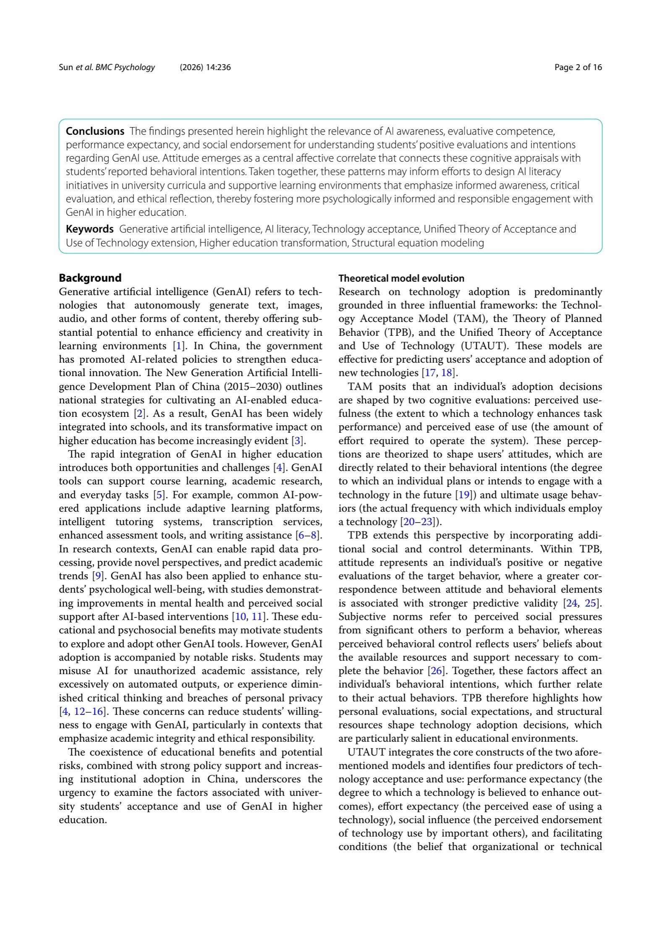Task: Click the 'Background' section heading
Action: coord(90,278)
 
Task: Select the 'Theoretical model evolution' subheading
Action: coord(401,278)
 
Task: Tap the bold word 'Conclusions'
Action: coord(95,131)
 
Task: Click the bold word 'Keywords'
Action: coord(89,229)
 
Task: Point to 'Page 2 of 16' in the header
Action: coord(578,67)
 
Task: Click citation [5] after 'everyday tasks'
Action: coord(159,495)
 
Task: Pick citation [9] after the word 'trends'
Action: coord(98,576)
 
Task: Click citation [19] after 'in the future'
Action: coord(464,495)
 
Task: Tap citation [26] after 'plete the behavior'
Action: coord(436,671)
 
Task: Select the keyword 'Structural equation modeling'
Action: coord(418,243)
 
